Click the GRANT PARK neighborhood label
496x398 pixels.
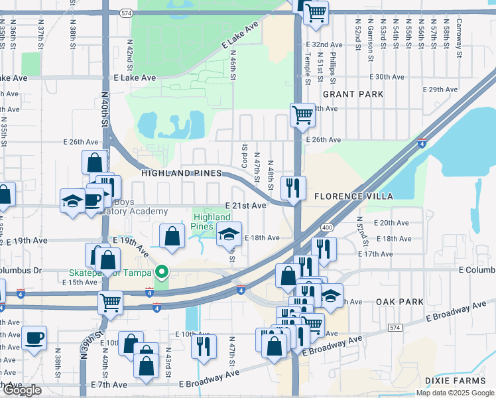tap(353, 94)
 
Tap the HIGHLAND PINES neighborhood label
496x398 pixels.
tap(181, 173)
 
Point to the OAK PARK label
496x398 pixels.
tap(399, 301)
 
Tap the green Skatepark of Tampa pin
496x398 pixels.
tap(161, 272)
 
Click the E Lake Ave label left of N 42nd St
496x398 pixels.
tap(135, 78)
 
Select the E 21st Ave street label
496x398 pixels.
tap(245, 206)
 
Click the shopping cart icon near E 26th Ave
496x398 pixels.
tap(302, 114)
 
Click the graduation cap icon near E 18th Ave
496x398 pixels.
tap(229, 233)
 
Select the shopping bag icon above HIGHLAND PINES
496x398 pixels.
tap(95, 162)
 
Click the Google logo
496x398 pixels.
tap(22, 390)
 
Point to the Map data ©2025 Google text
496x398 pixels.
tap(455, 393)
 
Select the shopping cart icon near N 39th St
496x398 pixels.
tap(111, 302)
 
